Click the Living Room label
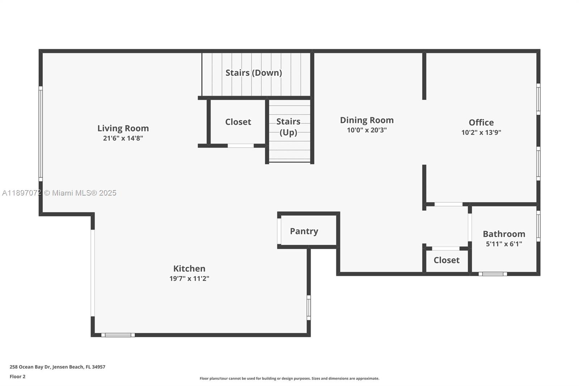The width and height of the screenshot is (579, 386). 123,128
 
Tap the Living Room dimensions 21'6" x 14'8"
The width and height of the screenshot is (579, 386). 123,138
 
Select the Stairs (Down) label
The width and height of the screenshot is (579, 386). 254,73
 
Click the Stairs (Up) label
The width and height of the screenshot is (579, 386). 288,127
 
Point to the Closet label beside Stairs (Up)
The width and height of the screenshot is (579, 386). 238,122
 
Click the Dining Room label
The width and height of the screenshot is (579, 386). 367,120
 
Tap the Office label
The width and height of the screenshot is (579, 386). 481,122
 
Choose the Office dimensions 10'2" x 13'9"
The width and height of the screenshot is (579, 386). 481,133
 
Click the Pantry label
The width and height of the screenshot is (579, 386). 304,231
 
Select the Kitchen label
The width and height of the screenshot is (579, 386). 189,269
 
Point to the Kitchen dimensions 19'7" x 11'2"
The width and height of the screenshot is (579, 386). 189,278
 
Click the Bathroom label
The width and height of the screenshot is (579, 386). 504,234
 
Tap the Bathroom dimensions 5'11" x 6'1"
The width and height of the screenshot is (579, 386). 504,244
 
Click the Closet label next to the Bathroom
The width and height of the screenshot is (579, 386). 447,260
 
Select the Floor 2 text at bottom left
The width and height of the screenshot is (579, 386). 17,377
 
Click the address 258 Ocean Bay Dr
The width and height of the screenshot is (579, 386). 57,367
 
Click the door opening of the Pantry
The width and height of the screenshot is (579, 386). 279,231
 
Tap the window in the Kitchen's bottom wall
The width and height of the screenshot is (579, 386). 118,335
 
